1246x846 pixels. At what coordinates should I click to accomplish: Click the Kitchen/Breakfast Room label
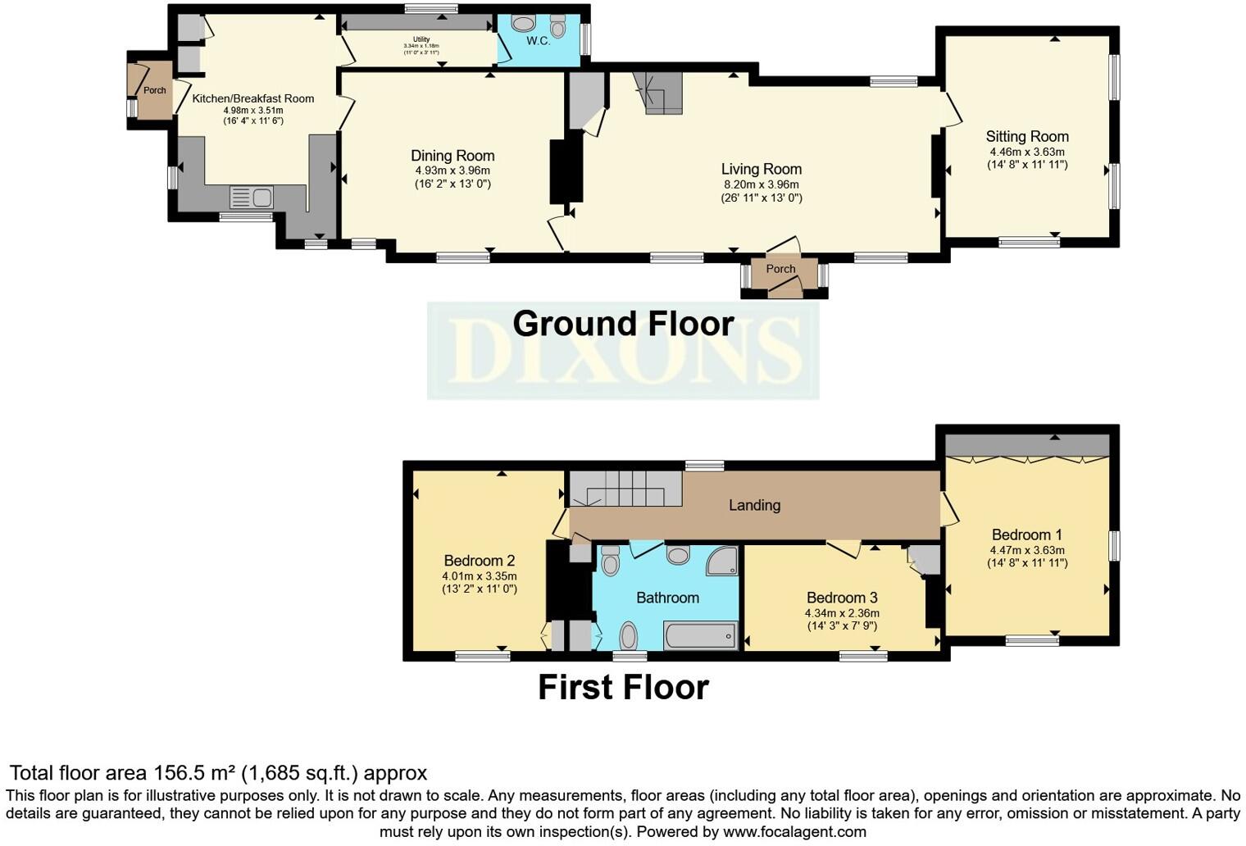click(x=252, y=98)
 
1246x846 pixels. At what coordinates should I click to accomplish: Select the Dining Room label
click(x=452, y=156)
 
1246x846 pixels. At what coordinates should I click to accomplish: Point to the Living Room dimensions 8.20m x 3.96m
click(x=761, y=184)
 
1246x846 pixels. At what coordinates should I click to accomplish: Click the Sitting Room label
click(x=1027, y=137)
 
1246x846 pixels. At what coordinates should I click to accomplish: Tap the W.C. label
click(x=538, y=40)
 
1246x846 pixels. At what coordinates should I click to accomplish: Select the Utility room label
click(x=421, y=39)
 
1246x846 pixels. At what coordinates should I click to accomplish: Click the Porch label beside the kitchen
click(x=154, y=90)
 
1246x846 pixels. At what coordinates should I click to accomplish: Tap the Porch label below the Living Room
click(x=780, y=269)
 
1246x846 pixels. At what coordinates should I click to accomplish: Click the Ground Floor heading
click(x=623, y=324)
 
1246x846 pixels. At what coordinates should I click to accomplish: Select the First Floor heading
click(x=623, y=687)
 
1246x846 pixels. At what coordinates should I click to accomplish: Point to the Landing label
click(x=754, y=505)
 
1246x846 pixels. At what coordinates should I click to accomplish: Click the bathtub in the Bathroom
click(x=699, y=635)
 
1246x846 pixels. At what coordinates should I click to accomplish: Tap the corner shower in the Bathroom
click(x=723, y=561)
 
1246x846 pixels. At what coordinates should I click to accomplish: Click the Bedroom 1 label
click(x=1027, y=534)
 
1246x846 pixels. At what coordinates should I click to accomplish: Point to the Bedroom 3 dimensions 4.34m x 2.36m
click(x=842, y=613)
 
